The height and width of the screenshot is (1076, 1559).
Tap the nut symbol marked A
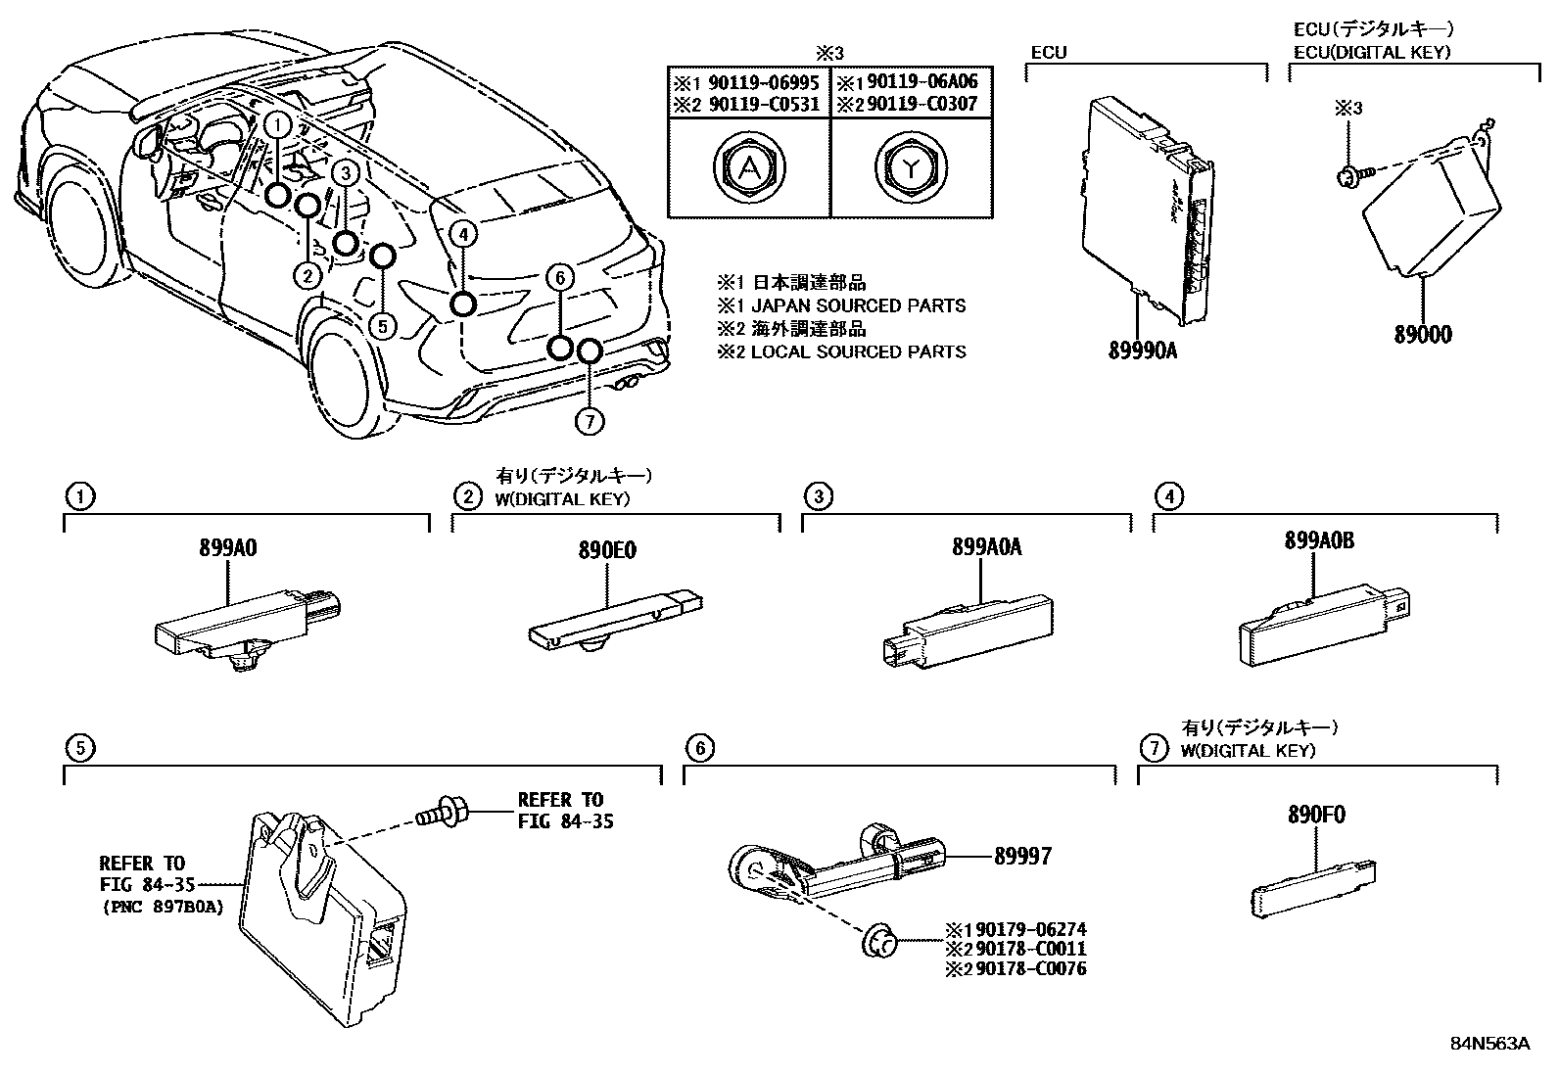(x=748, y=168)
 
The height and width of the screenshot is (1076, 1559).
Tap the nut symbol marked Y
(x=912, y=168)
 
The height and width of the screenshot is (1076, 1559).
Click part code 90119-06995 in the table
(x=771, y=82)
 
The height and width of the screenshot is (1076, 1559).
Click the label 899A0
(x=229, y=549)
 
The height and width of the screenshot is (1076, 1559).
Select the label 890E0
(x=607, y=550)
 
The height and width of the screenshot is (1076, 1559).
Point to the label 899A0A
(x=985, y=547)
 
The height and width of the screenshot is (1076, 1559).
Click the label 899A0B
(x=1319, y=540)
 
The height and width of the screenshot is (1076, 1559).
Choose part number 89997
(x=1022, y=857)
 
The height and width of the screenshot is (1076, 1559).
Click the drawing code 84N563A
(x=1489, y=1044)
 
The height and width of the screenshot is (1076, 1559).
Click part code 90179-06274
(x=1027, y=930)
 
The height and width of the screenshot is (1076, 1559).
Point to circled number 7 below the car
(x=588, y=422)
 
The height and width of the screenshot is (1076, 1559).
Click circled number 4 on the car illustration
(x=464, y=233)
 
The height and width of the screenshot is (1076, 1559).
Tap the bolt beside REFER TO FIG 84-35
(x=442, y=812)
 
